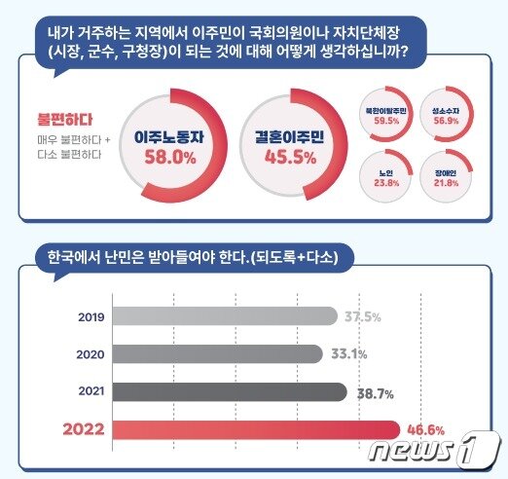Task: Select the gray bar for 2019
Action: point(224,316)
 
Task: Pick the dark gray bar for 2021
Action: point(229,391)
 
